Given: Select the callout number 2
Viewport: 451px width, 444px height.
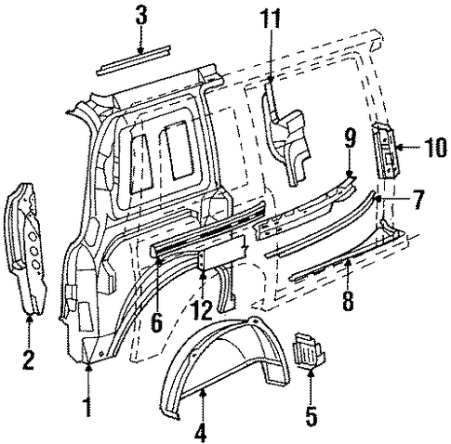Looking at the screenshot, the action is (28, 359).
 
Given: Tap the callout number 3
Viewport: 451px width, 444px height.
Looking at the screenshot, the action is (141, 16).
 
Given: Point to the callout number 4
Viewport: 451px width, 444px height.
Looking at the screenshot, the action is (201, 432).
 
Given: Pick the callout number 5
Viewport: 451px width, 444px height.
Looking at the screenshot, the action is (312, 416).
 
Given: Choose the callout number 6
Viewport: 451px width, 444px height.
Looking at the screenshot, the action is (156, 321).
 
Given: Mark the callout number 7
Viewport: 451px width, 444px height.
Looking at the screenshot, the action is (418, 200).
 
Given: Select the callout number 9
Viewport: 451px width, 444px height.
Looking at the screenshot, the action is (351, 138).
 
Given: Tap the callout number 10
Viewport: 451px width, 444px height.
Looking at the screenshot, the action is (434, 148).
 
